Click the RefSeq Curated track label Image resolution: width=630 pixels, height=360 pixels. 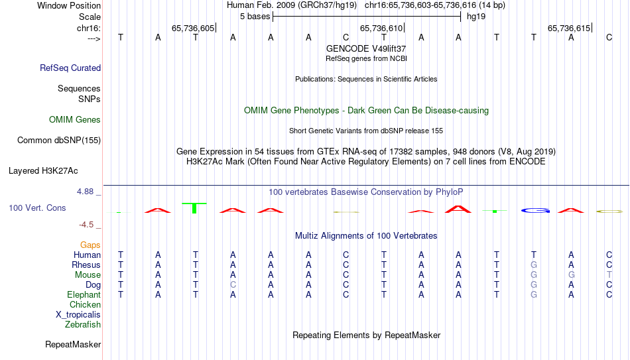coord(70,68)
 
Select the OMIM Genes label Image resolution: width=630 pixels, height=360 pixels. coord(75,120)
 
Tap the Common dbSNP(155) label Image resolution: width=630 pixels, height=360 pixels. coord(59,141)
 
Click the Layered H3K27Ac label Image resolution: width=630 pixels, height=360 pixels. coord(43,171)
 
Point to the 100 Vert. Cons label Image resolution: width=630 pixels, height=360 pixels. coord(37,208)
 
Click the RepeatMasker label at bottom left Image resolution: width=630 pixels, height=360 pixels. coord(73,344)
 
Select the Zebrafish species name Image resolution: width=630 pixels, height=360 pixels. coord(83,325)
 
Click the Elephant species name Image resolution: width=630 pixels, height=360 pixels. coord(84,295)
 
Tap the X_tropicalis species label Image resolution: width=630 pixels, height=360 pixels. coord(78,315)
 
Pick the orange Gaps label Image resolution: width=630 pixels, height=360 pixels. coord(90,245)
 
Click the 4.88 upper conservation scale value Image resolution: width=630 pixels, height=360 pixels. coord(85,192)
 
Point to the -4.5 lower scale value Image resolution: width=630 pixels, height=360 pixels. coord(86,225)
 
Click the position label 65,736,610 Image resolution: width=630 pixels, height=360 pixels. coord(381,28)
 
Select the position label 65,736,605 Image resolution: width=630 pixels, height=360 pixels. coord(193,28)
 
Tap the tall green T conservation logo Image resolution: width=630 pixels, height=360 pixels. coord(194,208)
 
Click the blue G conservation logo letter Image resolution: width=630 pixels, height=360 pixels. coord(535,210)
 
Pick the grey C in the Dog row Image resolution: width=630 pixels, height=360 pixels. coord(233,285)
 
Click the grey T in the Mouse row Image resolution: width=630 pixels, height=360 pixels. coord(609,275)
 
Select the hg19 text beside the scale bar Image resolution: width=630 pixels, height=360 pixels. coord(476,17)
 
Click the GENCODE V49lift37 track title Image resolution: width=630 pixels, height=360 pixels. coord(366,48)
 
